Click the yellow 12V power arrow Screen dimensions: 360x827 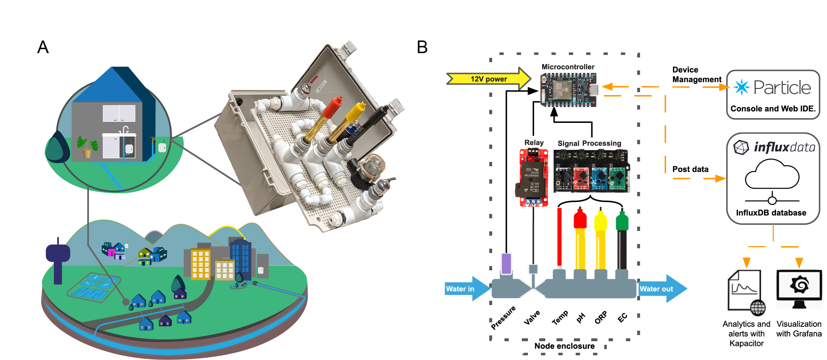[488, 79]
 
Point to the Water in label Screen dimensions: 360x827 [460, 289]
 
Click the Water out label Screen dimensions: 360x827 [656, 289]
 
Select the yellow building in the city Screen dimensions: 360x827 [200, 264]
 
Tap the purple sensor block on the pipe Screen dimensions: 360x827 [506, 264]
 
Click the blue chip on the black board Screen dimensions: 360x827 [601, 177]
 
